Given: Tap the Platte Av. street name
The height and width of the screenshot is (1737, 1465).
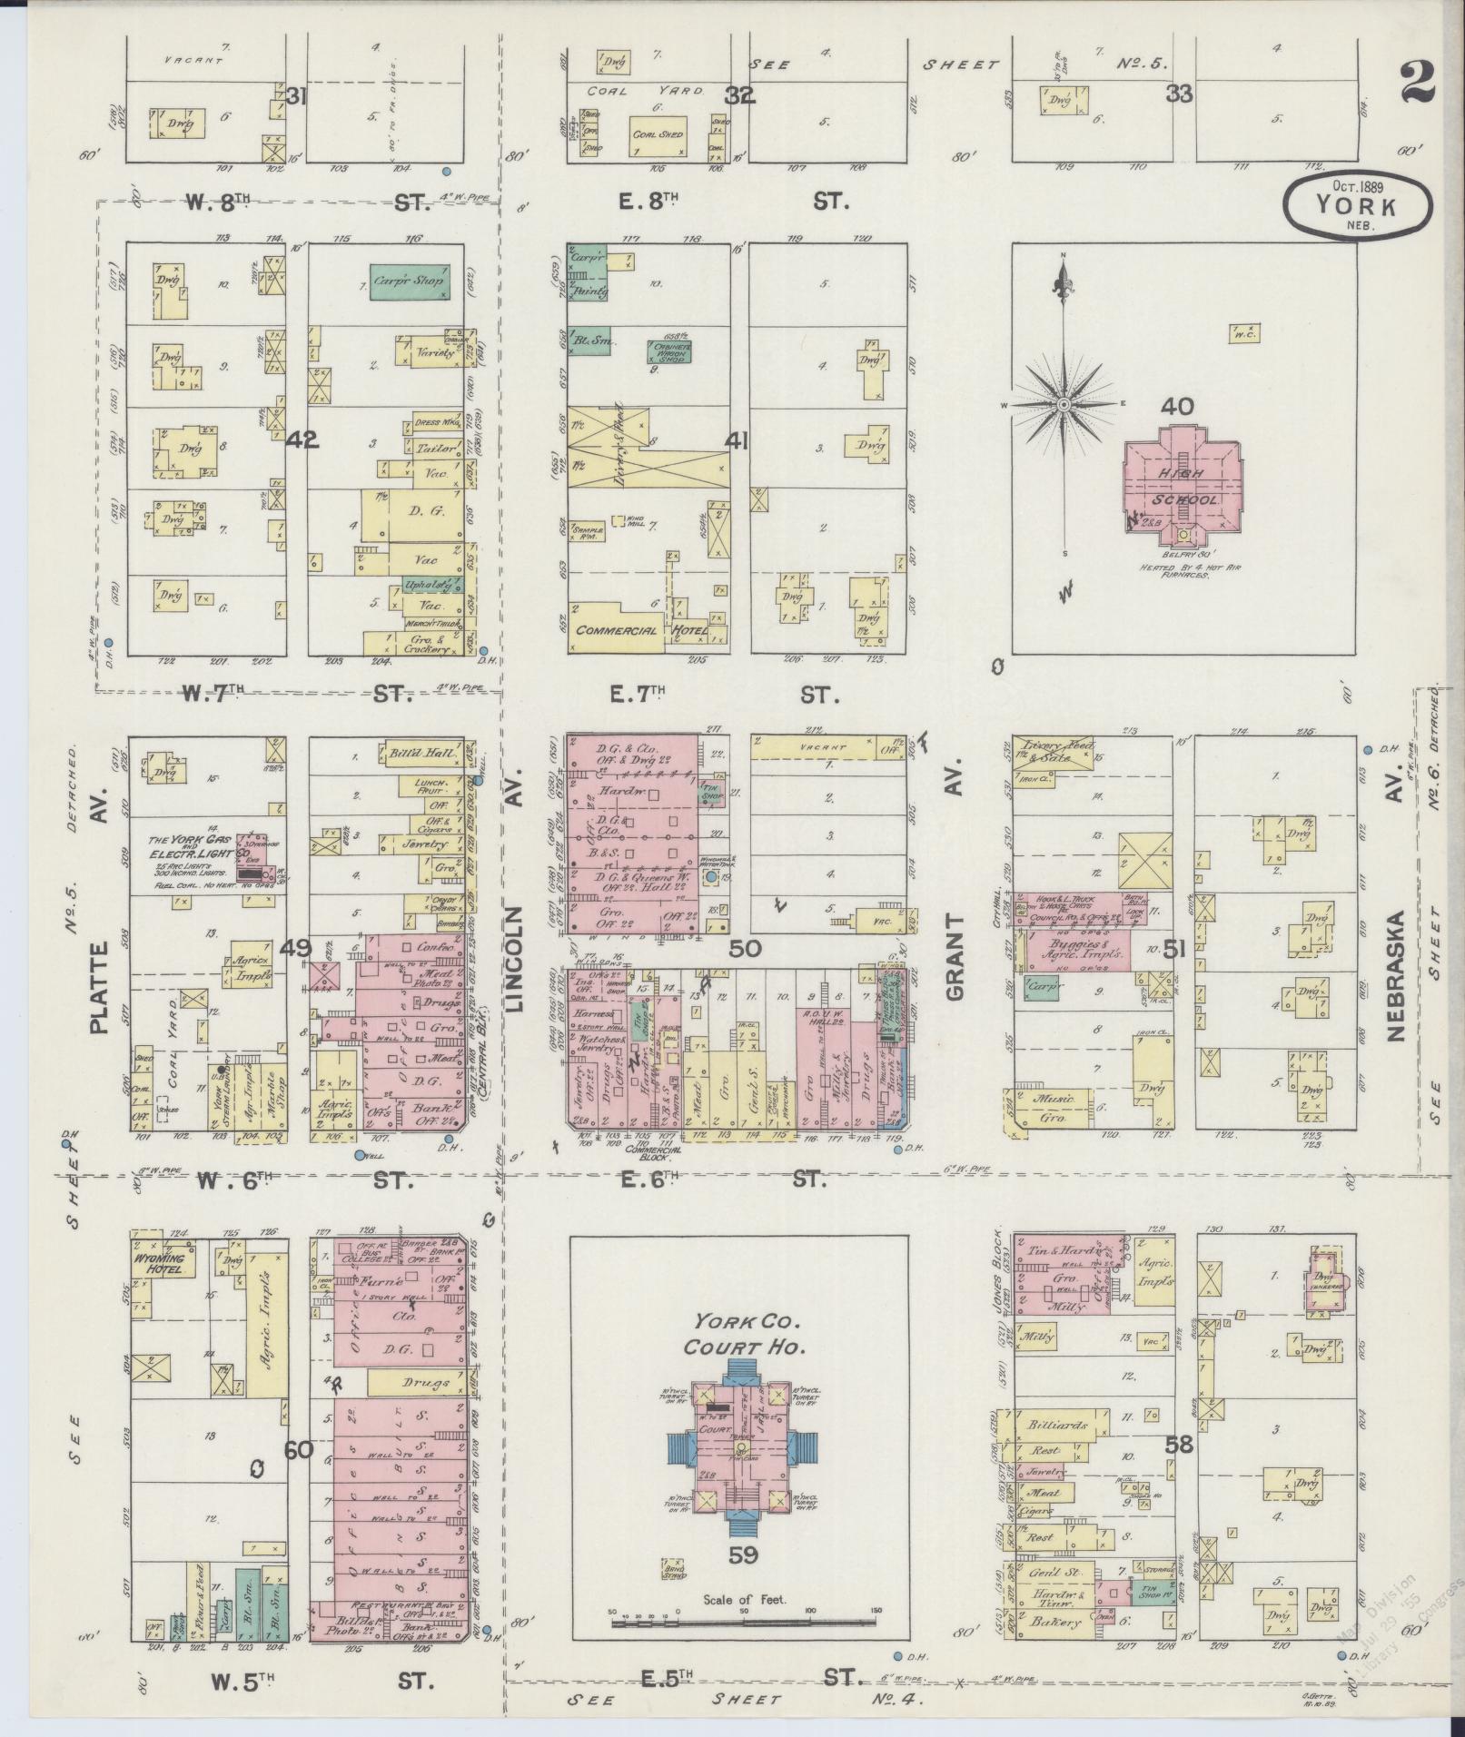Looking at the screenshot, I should tap(98, 987).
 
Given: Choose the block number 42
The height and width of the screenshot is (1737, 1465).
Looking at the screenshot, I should tap(302, 440).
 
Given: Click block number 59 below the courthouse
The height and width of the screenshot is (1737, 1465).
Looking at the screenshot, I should tap(743, 1554).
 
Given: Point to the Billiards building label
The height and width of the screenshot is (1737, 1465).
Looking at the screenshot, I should tap(1059, 1425).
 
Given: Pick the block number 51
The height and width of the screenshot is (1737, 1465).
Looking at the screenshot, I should tap(1175, 950).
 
